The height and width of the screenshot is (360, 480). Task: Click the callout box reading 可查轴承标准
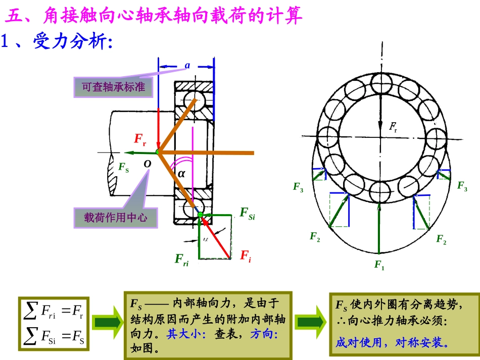tap(113, 87)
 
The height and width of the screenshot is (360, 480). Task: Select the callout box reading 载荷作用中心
tap(116, 218)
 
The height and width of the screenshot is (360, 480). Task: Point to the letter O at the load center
tap(147, 164)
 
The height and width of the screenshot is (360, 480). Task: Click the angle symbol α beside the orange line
tap(182, 173)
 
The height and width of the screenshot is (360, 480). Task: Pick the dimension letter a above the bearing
tap(187, 65)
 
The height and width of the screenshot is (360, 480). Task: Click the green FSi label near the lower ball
tap(248, 213)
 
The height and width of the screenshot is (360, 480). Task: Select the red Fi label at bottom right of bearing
tap(246, 255)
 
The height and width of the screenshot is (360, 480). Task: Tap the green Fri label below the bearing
tap(182, 260)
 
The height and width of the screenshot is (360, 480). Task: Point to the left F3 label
tap(298, 187)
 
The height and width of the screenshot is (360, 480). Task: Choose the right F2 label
tap(441, 239)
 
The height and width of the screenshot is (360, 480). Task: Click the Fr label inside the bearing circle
tap(393, 126)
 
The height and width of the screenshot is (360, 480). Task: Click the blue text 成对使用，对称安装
tap(392, 343)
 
